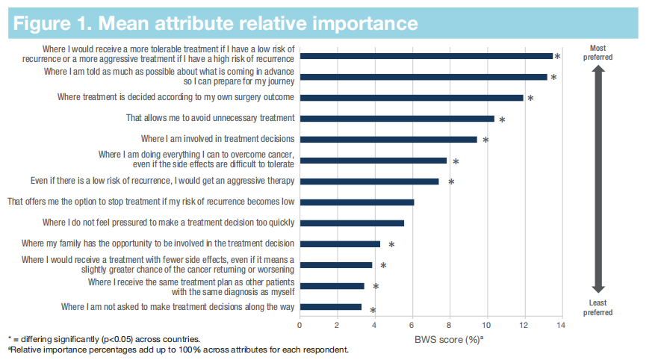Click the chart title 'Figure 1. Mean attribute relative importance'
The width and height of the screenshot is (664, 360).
click(x=215, y=22)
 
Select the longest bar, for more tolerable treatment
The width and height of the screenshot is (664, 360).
click(x=426, y=56)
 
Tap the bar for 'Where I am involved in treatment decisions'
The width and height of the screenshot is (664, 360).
click(x=388, y=139)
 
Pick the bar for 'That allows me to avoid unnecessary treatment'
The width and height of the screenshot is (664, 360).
click(x=397, y=118)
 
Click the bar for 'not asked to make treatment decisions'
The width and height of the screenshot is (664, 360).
click(x=330, y=306)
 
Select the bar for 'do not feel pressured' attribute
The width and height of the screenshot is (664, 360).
click(x=352, y=223)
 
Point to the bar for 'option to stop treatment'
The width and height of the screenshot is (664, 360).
click(x=356, y=202)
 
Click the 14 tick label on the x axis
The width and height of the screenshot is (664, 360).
click(x=561, y=325)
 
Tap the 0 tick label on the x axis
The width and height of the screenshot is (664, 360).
click(x=300, y=325)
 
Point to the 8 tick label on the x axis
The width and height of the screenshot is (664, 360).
click(x=449, y=325)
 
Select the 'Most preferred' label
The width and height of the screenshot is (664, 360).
click(x=598, y=52)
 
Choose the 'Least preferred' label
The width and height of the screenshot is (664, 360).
click(x=598, y=308)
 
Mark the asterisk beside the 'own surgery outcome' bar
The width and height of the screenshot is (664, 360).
click(x=530, y=99)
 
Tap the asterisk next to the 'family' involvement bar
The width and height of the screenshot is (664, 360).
click(x=391, y=245)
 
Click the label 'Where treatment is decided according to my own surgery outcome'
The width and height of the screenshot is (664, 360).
click(x=176, y=97)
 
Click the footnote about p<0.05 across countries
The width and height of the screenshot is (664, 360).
click(x=104, y=339)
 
